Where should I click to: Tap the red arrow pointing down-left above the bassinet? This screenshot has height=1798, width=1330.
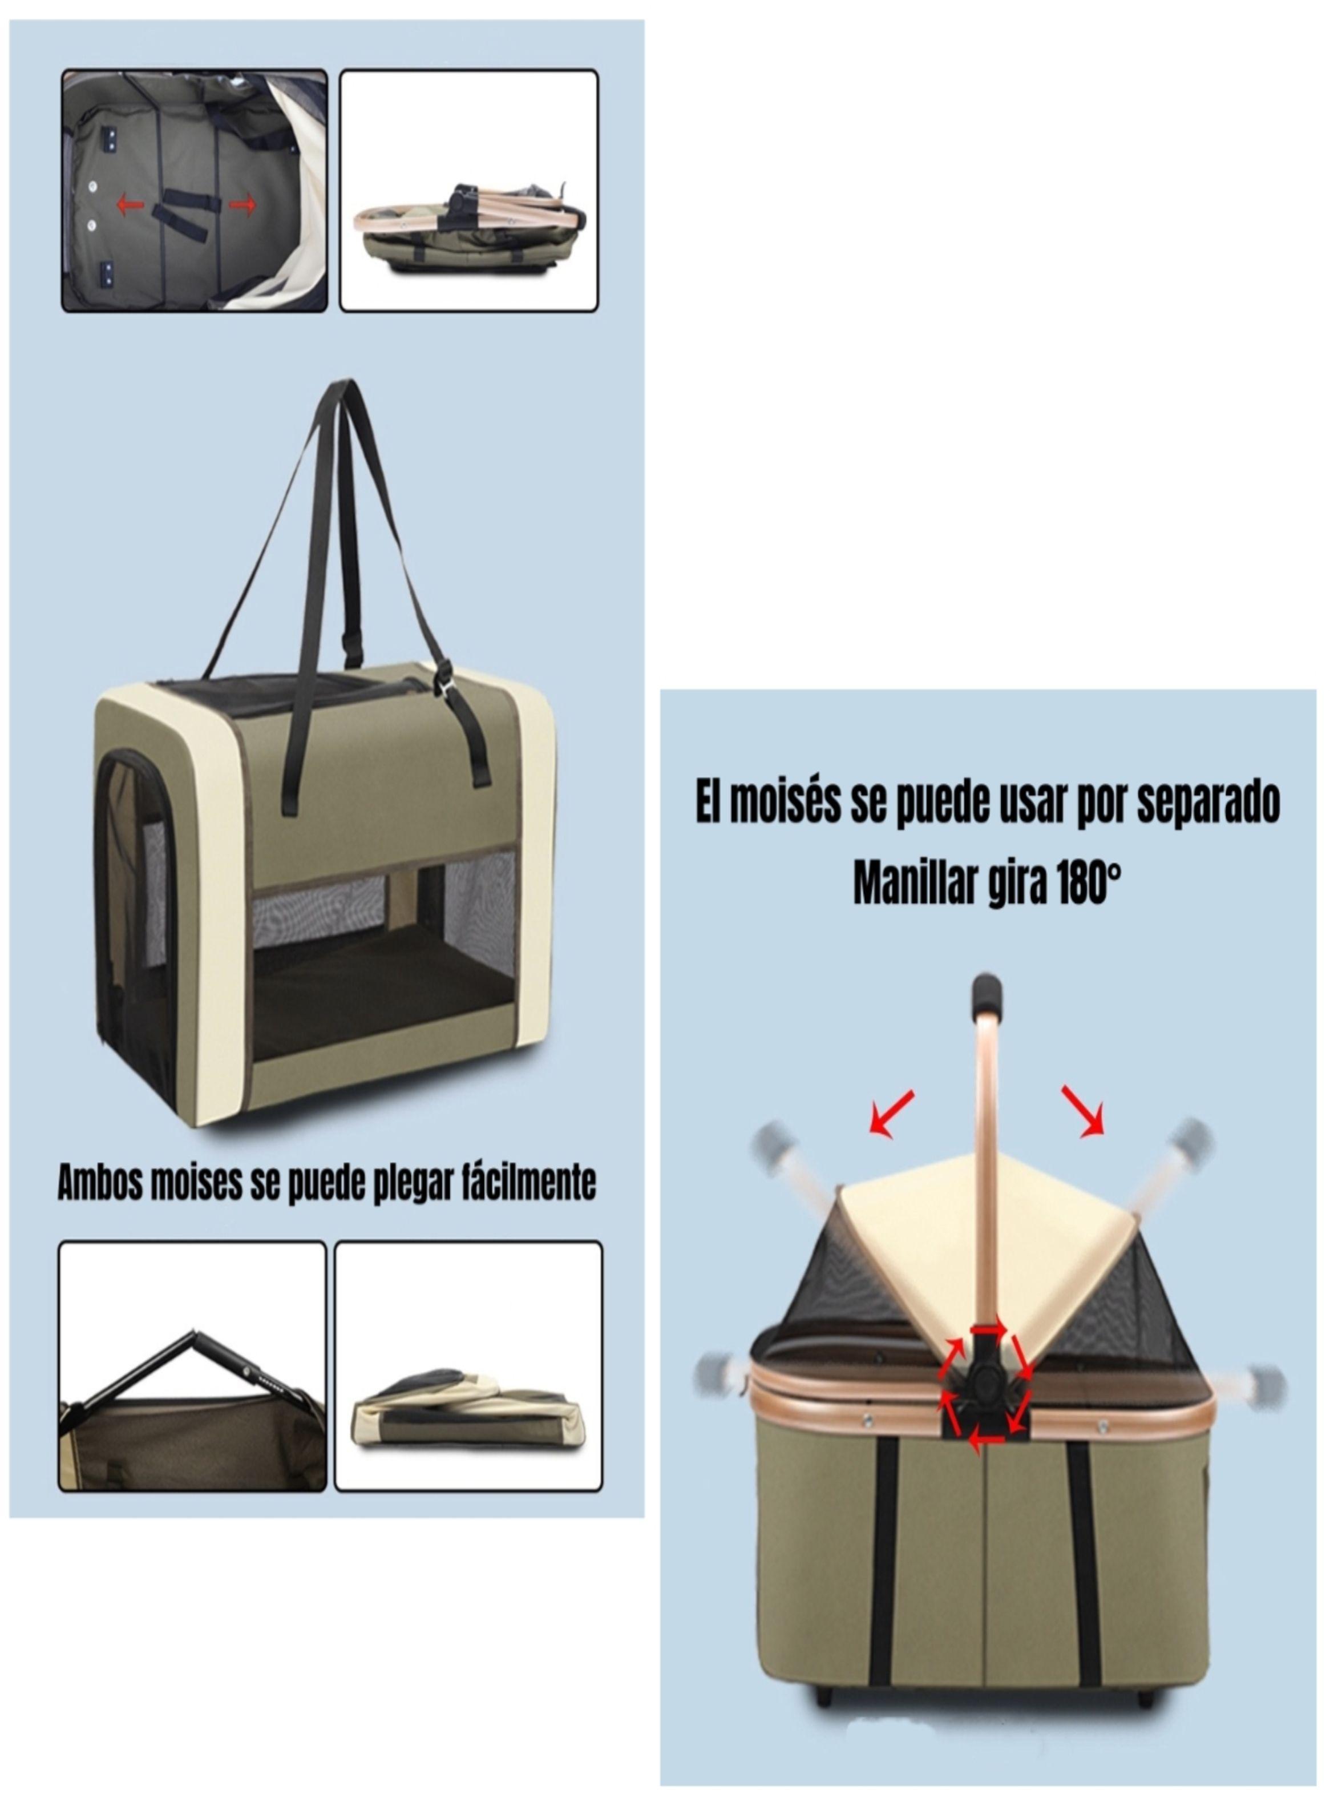[x=891, y=1114]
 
